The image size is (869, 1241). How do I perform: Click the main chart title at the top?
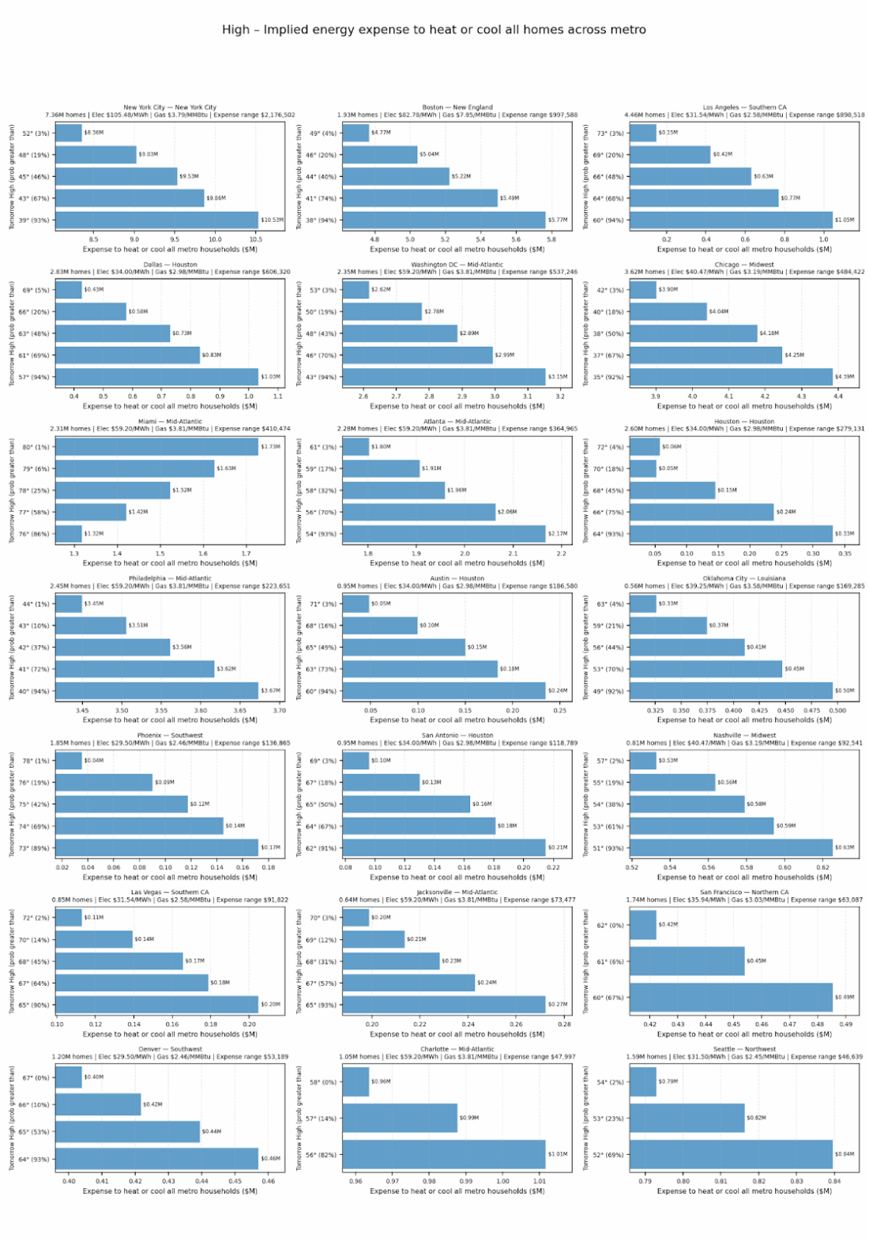click(434, 30)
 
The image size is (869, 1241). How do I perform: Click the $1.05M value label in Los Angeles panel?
click(845, 220)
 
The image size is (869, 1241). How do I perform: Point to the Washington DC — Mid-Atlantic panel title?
click(457, 265)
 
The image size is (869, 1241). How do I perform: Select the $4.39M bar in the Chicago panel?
click(731, 377)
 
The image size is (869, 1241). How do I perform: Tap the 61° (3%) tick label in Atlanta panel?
click(322, 447)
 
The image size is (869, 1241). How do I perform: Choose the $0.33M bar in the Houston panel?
click(731, 534)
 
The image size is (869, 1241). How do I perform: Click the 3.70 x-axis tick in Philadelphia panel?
click(279, 710)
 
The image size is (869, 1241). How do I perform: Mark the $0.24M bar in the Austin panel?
click(444, 690)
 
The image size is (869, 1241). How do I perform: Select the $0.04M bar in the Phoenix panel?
click(69, 761)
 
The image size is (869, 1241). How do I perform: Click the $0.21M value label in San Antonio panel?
click(558, 848)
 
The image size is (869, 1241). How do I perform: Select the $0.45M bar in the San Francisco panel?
click(687, 961)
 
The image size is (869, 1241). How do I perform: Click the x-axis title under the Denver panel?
click(170, 1191)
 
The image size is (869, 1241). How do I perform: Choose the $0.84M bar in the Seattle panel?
click(731, 1154)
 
